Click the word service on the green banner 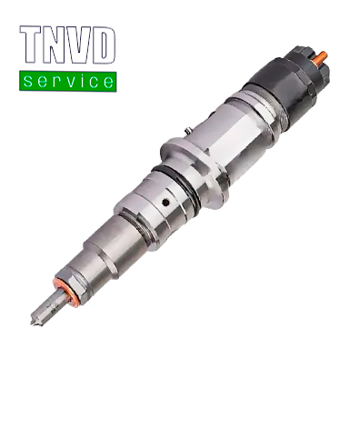68,81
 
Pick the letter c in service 93,82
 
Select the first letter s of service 30,82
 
